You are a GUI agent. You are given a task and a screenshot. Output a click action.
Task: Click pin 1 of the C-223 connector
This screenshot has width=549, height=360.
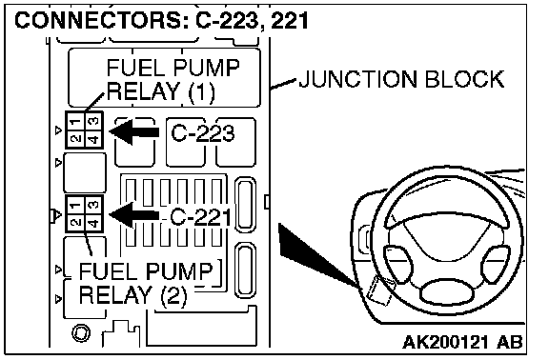coord(75,122)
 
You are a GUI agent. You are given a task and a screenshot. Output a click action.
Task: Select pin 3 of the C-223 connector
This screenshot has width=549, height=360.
coord(93,122)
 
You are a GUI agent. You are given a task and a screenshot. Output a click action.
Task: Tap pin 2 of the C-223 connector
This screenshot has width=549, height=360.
coord(75,139)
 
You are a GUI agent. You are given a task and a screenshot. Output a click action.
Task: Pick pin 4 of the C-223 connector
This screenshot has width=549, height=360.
coord(93,139)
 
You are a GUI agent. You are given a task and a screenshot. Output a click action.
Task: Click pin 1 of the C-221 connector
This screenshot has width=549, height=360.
coord(75,206)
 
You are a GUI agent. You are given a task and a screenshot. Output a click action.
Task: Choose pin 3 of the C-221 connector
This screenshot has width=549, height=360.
coord(93,206)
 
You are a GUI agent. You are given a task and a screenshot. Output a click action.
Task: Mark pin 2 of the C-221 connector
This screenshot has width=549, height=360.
coord(75,222)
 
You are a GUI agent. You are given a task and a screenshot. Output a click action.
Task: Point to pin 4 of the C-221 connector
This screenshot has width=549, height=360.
coord(93,222)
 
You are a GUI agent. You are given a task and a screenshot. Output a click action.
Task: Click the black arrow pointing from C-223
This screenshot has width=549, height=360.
coord(134,131)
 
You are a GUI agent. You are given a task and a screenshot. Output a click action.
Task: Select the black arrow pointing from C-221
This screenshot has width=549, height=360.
coord(134,215)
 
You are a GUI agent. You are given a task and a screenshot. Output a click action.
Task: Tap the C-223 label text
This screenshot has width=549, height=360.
coord(203,133)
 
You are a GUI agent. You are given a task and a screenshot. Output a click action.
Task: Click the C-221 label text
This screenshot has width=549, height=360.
coord(200,217)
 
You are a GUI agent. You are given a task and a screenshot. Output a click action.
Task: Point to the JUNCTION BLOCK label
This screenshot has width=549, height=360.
coord(401,79)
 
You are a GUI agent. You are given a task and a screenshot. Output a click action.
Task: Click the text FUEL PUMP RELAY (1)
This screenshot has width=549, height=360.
coord(173,79)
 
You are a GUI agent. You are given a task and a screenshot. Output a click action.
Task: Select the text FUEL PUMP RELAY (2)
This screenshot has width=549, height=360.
coord(146,284)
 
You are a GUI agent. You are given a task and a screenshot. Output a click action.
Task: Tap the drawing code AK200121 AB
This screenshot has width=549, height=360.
coord(462,342)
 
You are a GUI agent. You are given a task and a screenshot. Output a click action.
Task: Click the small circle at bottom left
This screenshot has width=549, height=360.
coord(81,332)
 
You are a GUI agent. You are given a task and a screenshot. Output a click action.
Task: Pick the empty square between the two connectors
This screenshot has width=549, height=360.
coord(85,172)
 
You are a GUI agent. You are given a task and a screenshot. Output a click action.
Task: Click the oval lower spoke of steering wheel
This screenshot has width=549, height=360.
coord(447,292)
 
